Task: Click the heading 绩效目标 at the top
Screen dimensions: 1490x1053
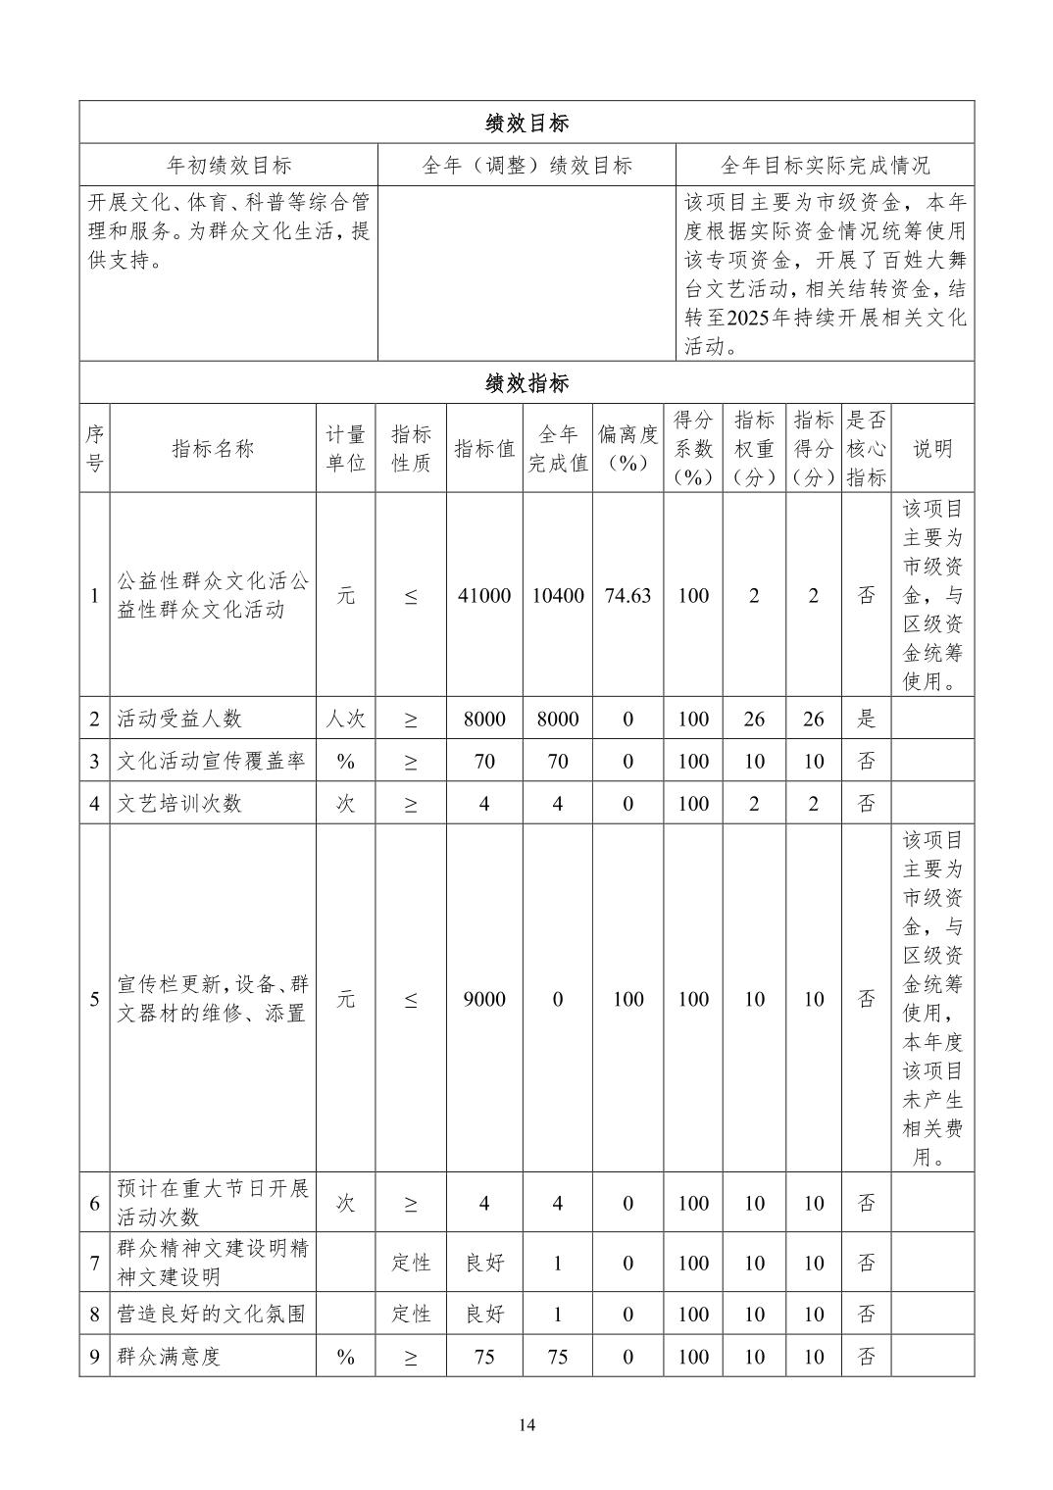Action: click(x=526, y=124)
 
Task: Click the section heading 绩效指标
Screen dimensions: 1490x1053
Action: click(x=526, y=383)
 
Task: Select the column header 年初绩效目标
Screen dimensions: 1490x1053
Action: click(x=229, y=166)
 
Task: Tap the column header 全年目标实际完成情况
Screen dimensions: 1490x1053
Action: click(x=825, y=166)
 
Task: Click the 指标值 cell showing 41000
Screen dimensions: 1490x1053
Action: click(x=484, y=596)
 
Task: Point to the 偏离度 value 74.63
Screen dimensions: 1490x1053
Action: click(x=627, y=596)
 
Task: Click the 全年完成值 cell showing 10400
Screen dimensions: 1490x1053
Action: click(x=557, y=596)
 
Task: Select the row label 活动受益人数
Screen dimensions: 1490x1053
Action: click(x=179, y=719)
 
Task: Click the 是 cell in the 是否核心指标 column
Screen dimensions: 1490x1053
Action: click(x=866, y=719)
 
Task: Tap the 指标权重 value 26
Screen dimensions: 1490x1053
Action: click(x=753, y=719)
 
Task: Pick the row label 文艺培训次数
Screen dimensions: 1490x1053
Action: click(x=179, y=804)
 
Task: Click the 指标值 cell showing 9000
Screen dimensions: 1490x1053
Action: click(x=484, y=999)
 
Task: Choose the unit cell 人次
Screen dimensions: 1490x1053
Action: click(x=345, y=719)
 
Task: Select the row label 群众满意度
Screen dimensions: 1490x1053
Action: click(x=170, y=1357)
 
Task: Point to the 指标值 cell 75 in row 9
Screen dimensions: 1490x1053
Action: click(x=484, y=1357)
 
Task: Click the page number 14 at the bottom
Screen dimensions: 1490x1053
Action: click(x=526, y=1425)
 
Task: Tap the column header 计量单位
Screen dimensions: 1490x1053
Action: click(x=345, y=449)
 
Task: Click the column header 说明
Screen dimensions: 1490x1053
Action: click(x=932, y=449)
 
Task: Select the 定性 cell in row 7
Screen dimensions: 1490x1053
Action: click(x=411, y=1263)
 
